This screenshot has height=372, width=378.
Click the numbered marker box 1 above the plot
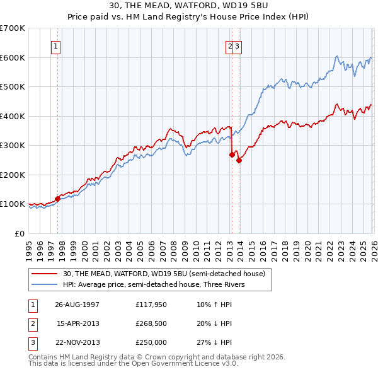point(56,45)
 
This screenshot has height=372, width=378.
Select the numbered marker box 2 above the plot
point(230,45)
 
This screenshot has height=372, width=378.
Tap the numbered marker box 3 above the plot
point(238,45)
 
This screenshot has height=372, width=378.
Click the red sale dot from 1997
point(58,199)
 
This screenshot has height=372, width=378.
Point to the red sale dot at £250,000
point(239,160)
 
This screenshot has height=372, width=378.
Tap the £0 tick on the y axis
point(20,233)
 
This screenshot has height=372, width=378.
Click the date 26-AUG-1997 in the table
point(77,304)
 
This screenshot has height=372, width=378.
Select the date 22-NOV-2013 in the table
point(77,343)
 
